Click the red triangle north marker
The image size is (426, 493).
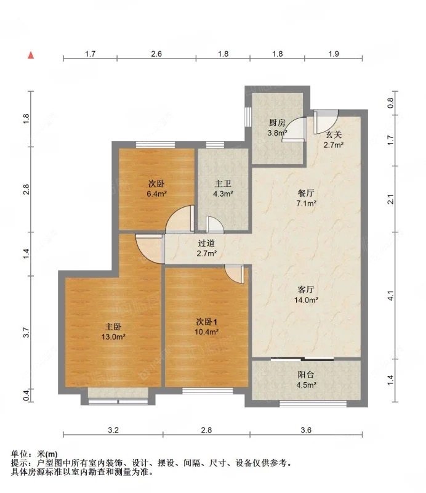(30, 55)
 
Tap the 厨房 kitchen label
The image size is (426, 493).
(276, 122)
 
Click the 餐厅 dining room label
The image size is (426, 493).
(306, 192)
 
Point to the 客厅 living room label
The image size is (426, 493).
(306, 289)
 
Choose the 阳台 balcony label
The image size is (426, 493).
(306, 375)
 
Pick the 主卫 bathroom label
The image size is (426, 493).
(223, 183)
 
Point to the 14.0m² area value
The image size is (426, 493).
(306, 300)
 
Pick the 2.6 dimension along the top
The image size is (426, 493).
(156, 54)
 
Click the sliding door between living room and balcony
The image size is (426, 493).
(306, 359)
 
